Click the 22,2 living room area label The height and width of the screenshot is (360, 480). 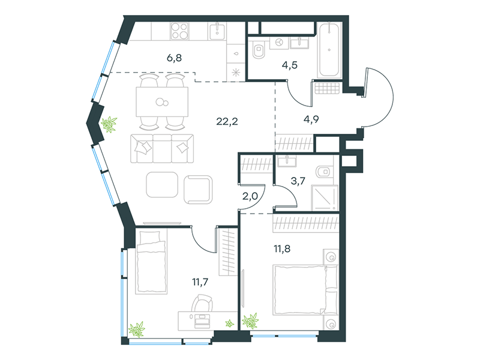(x=227, y=122)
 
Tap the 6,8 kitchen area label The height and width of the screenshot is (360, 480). (x=174, y=58)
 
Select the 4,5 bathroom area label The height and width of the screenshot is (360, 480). (x=290, y=65)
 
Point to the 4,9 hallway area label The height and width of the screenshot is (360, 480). (x=311, y=119)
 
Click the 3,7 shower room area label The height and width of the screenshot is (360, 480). (x=298, y=181)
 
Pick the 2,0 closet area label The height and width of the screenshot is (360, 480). (x=250, y=196)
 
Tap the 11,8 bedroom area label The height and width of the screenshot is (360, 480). (x=282, y=248)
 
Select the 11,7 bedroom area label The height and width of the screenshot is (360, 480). (x=200, y=281)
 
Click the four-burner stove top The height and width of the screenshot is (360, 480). (x=179, y=31)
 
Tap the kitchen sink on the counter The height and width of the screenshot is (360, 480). (x=217, y=32)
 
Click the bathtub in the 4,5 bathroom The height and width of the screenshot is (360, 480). (x=329, y=50)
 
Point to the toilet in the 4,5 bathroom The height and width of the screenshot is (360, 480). (x=259, y=50)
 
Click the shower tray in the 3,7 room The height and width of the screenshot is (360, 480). (x=325, y=198)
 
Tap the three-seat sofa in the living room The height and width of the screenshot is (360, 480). (x=162, y=148)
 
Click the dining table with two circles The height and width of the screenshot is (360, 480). (x=162, y=102)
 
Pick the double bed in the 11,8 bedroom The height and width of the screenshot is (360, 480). (x=305, y=290)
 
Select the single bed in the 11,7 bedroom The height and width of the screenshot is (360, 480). (x=152, y=262)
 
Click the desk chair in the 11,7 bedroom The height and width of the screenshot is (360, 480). (x=202, y=303)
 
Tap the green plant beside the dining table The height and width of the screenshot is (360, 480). (x=109, y=124)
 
